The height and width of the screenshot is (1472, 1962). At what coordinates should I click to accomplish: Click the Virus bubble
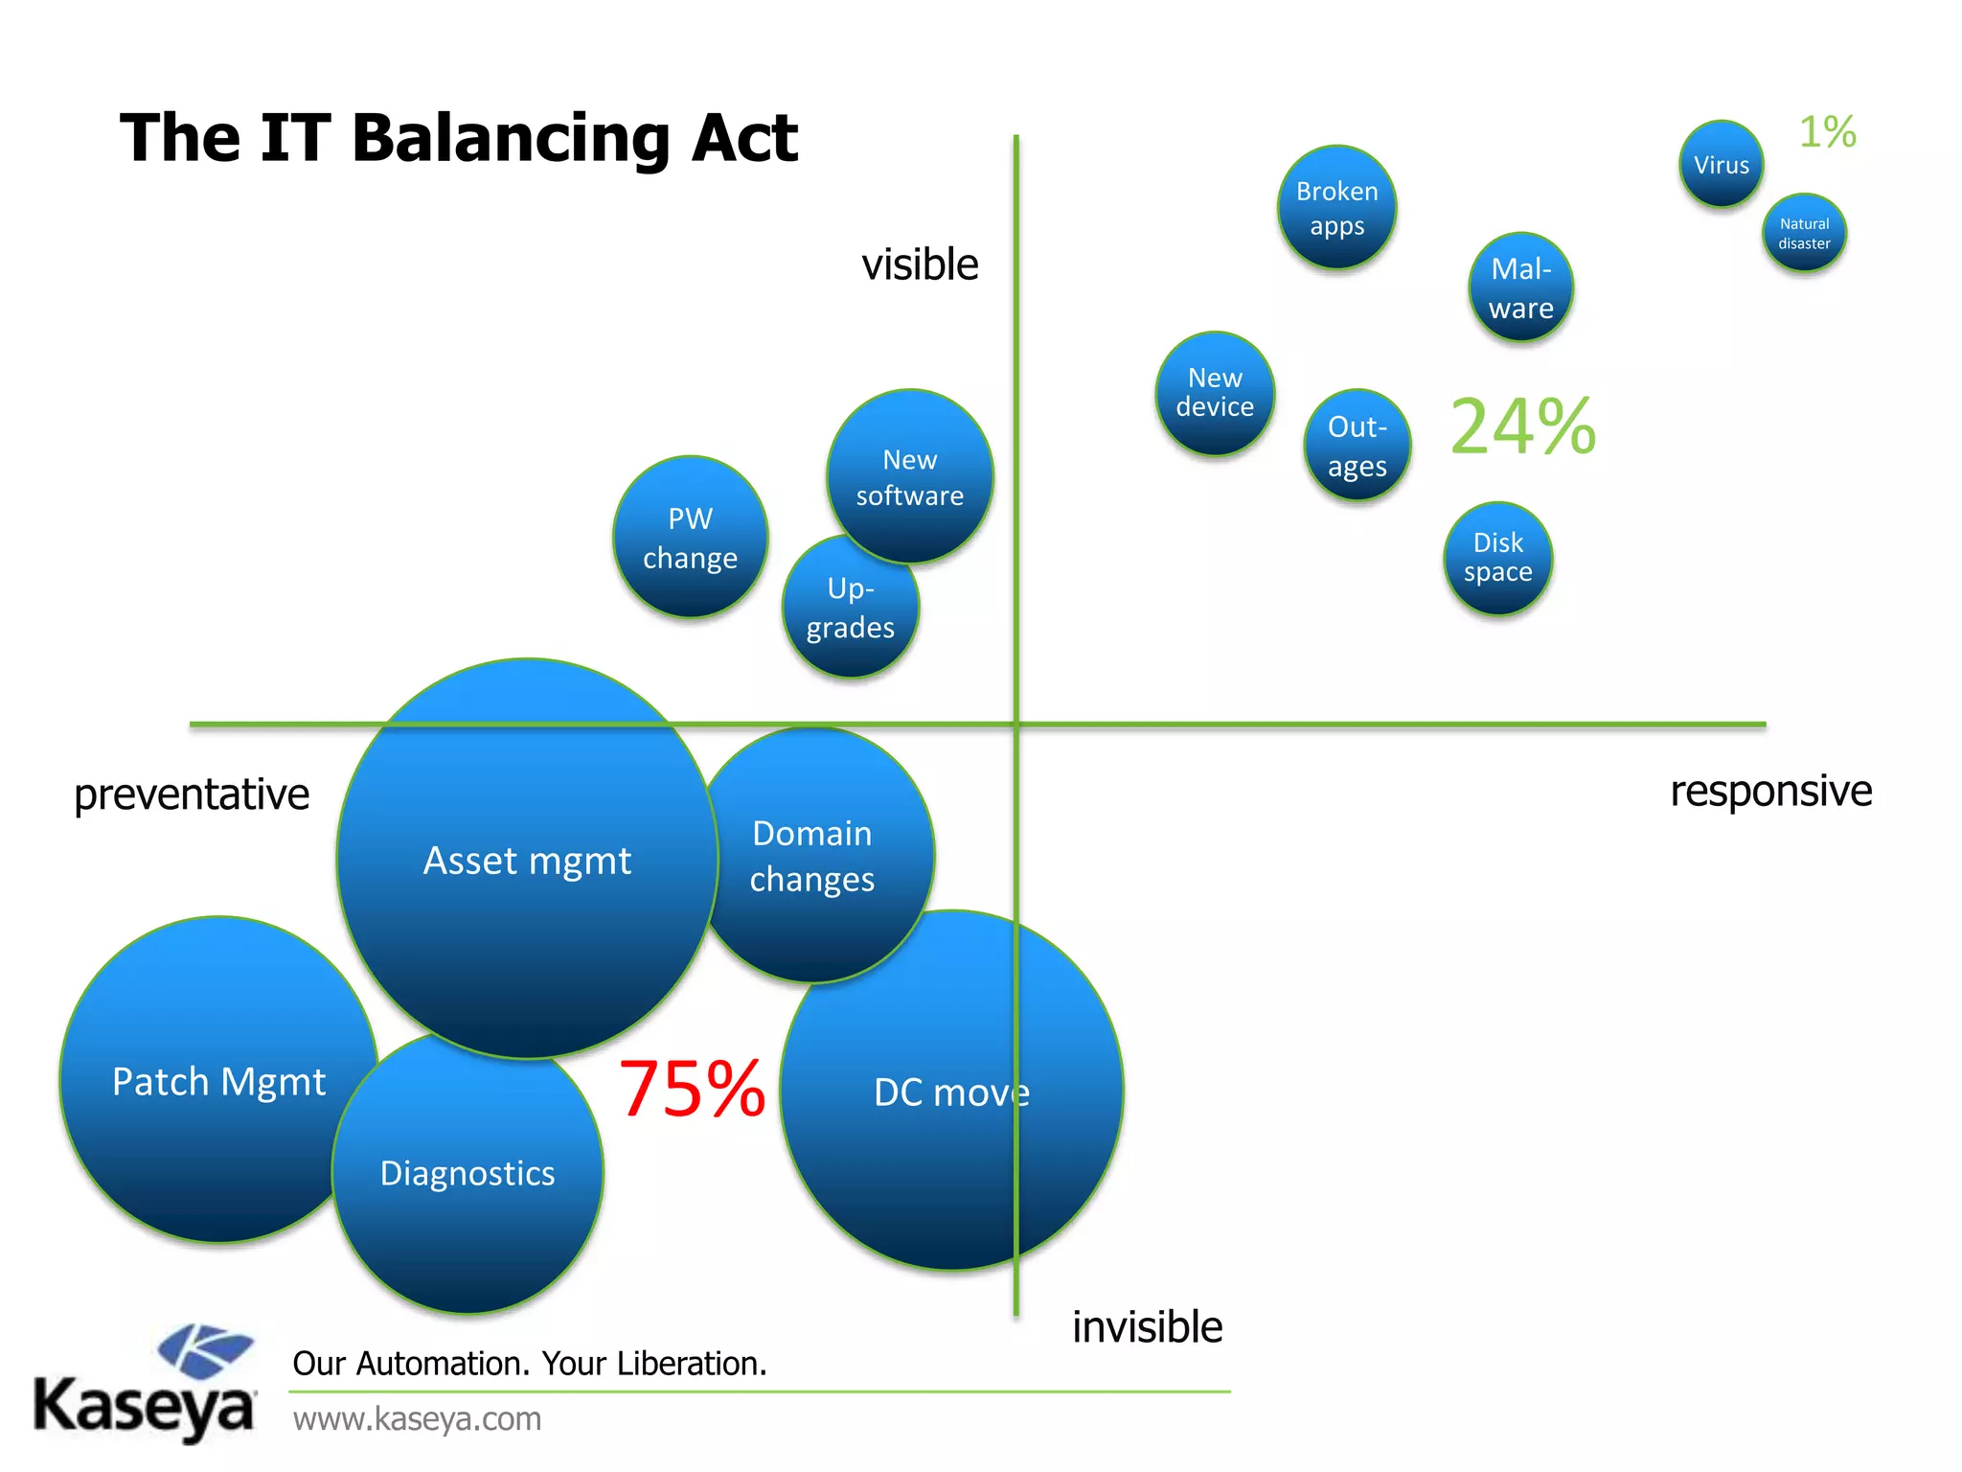(x=1721, y=165)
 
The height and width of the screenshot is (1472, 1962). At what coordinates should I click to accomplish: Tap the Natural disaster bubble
(x=1804, y=233)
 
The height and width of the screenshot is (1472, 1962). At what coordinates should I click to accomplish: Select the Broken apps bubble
(x=1336, y=208)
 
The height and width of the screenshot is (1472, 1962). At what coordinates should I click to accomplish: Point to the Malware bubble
(x=1520, y=287)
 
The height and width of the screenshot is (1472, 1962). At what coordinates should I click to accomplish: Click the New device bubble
(x=1215, y=393)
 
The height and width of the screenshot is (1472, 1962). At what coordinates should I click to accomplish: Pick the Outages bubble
(x=1357, y=446)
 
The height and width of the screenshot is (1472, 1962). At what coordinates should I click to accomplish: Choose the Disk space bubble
(x=1497, y=558)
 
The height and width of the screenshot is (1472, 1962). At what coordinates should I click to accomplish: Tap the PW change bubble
(x=690, y=538)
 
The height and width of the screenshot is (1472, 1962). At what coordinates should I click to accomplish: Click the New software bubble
(x=909, y=476)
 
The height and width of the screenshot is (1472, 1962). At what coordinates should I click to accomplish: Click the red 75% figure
(x=692, y=1090)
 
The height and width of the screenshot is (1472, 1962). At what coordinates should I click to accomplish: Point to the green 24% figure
(x=1522, y=427)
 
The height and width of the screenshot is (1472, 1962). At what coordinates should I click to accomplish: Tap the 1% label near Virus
(x=1827, y=132)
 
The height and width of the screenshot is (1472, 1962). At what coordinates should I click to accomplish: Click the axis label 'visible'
(x=920, y=264)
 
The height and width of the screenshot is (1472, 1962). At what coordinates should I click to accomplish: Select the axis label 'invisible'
(x=1147, y=1327)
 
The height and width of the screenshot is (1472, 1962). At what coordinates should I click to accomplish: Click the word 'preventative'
(x=192, y=794)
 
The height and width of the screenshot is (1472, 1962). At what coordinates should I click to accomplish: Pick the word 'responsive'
(x=1770, y=792)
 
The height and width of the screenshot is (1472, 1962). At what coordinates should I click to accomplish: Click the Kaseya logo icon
(x=205, y=1350)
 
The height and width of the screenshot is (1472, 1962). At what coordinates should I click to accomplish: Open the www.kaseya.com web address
(x=417, y=1418)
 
